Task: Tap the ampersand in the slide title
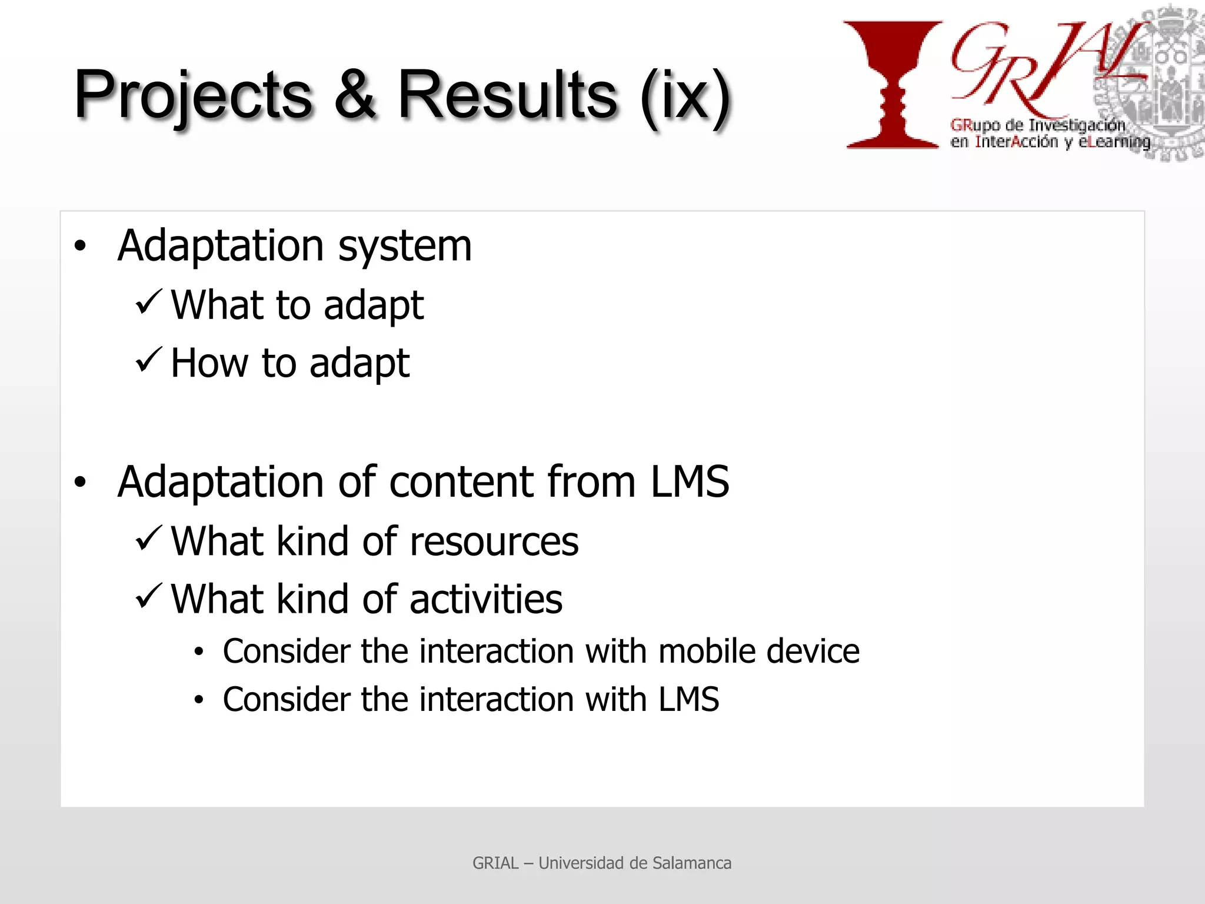click(355, 94)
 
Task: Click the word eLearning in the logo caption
click(1114, 142)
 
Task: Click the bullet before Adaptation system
click(81, 246)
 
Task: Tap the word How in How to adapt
click(209, 363)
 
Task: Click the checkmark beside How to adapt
click(148, 360)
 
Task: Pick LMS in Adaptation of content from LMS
click(689, 481)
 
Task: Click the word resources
click(494, 541)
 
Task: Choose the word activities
click(485, 600)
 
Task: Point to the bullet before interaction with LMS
click(199, 700)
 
